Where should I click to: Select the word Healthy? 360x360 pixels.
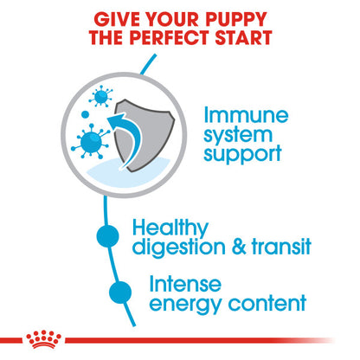tap(172, 228)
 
